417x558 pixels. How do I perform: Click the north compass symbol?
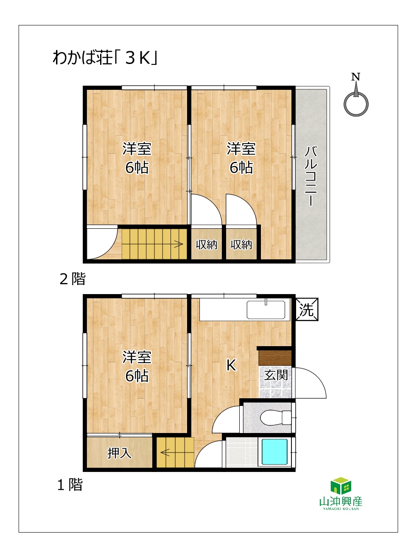[356, 95]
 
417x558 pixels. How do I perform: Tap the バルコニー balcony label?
[311, 176]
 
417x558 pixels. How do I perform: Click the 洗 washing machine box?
[307, 309]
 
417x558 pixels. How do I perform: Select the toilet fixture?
[276, 417]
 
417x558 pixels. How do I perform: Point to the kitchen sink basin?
[266, 310]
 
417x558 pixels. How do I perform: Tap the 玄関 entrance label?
[276, 375]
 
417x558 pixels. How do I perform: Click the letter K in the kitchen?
[231, 366]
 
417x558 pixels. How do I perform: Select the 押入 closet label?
[119, 453]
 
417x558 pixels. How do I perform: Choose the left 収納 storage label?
[206, 244]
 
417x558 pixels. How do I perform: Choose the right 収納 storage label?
[241, 244]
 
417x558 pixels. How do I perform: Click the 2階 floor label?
[73, 279]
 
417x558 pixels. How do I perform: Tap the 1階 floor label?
[70, 485]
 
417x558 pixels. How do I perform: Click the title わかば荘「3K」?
[105, 58]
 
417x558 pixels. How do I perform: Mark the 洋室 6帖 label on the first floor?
[137, 366]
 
